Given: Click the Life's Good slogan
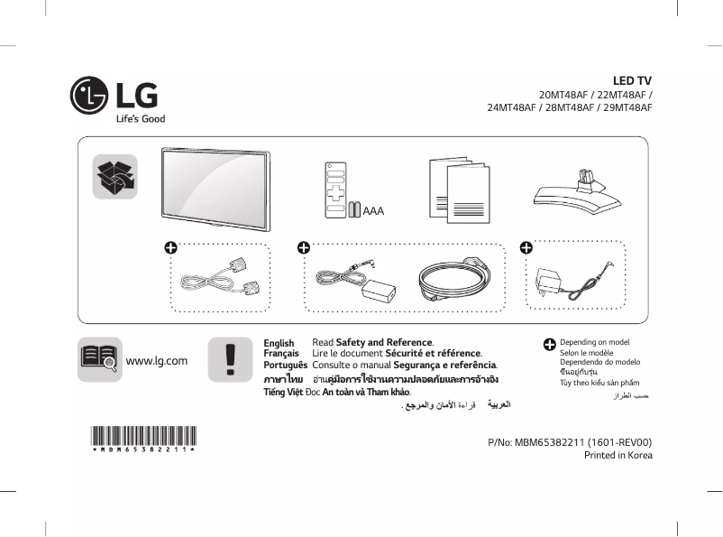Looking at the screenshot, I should pos(140,119).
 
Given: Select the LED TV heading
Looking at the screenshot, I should pos(633,81).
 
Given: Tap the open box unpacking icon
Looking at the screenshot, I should pos(114,174).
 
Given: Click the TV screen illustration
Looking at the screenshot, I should pos(217,184).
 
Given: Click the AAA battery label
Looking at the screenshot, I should pos(373,209).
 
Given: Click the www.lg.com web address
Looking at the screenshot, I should pos(157,361).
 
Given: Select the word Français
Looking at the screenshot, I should pos(281,354).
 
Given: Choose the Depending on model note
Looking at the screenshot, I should pos(594,343).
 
